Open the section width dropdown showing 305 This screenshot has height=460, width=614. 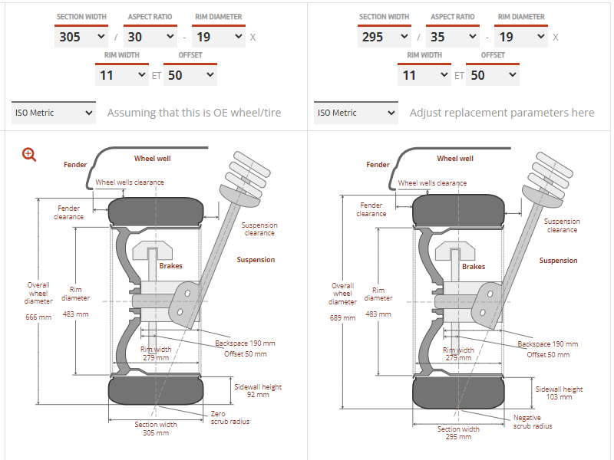(81, 36)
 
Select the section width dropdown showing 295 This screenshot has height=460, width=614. (383, 36)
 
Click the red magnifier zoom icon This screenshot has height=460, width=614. (29, 154)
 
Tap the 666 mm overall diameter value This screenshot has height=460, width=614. (38, 317)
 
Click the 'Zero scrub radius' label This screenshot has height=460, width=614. (229, 418)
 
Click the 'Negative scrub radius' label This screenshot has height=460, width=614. (532, 422)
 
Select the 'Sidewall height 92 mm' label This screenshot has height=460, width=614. (258, 391)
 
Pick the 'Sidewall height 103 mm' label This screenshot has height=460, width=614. (560, 393)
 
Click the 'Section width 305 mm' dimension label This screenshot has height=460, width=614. (156, 429)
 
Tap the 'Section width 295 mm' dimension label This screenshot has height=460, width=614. (458, 433)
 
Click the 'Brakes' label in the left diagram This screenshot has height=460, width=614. (170, 266)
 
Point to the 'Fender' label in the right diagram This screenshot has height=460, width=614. (378, 165)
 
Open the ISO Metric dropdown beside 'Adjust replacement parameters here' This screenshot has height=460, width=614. (356, 113)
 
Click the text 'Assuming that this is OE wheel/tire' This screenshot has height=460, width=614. (194, 113)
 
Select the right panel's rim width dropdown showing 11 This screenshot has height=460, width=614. (424, 74)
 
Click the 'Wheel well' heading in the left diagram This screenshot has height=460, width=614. (152, 159)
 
